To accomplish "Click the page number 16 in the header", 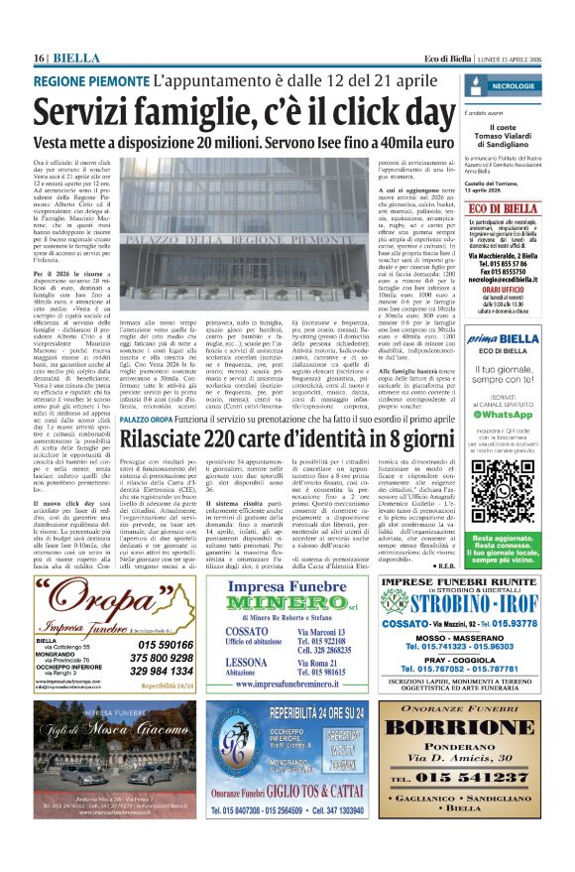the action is click(x=39, y=59).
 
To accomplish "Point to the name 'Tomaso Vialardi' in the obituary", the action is click(x=526, y=135).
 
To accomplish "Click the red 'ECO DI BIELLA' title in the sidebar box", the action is click(x=525, y=208).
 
